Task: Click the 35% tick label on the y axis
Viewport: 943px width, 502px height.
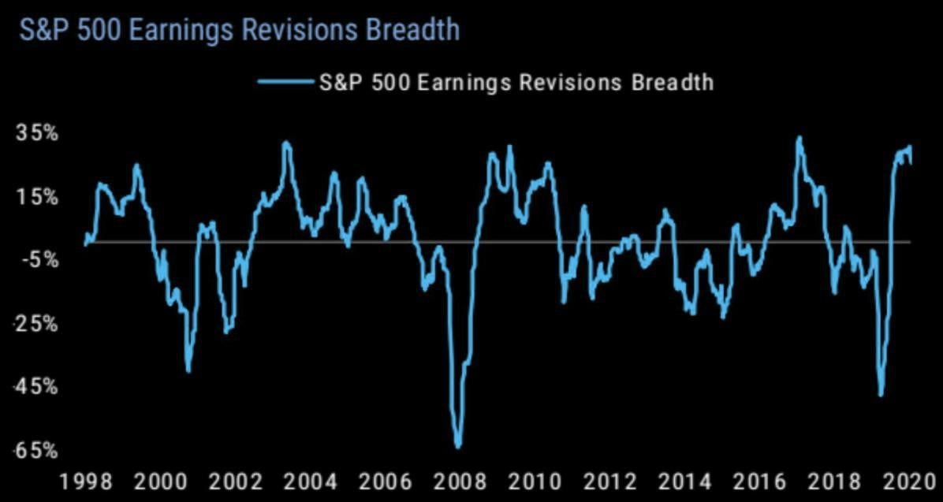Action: pyautogui.click(x=37, y=132)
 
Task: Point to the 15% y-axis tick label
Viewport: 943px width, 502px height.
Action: pyautogui.click(x=37, y=196)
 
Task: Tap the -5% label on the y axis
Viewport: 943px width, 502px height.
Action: pyautogui.click(x=35, y=259)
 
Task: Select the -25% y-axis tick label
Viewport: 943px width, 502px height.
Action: pyautogui.click(x=35, y=323)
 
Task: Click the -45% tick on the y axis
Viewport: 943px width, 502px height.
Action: pyautogui.click(x=35, y=386)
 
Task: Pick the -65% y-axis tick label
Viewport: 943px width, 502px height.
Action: pyautogui.click(x=35, y=450)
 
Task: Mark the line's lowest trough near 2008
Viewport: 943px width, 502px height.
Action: pyautogui.click(x=458, y=446)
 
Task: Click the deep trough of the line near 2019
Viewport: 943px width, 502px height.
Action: pyautogui.click(x=881, y=395)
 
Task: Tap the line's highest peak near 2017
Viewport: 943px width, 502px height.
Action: pyautogui.click(x=799, y=138)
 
